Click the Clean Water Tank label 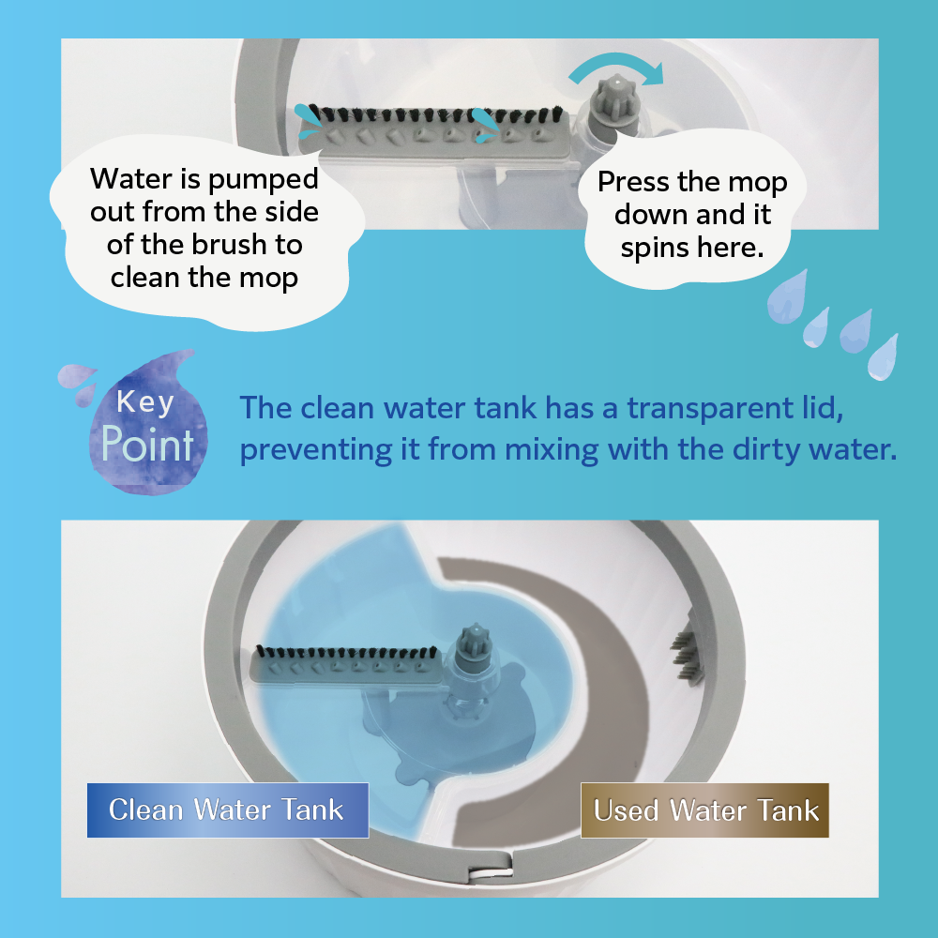tap(227, 810)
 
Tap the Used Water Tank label tap(704, 810)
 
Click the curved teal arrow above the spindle tap(616, 68)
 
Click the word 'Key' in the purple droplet tap(145, 401)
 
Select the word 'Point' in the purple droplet tap(147, 445)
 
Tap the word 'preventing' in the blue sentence tap(316, 450)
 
